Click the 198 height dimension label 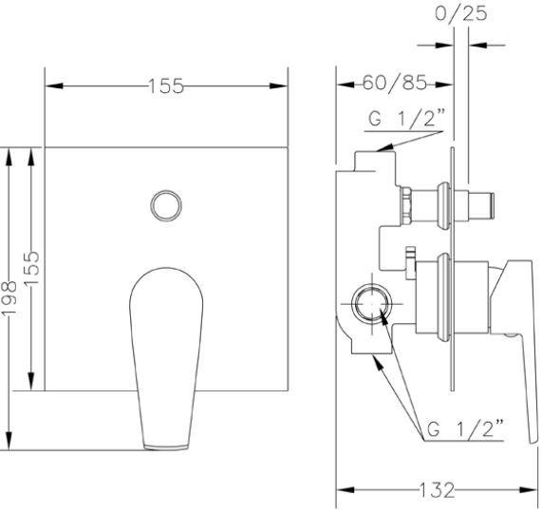coord(9,298)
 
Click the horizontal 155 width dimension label coord(166,85)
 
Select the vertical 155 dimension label coord(32,268)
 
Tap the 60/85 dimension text coord(395,84)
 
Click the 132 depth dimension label coord(437,490)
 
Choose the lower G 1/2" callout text coord(465,429)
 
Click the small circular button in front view coord(166,205)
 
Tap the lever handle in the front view coord(166,358)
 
